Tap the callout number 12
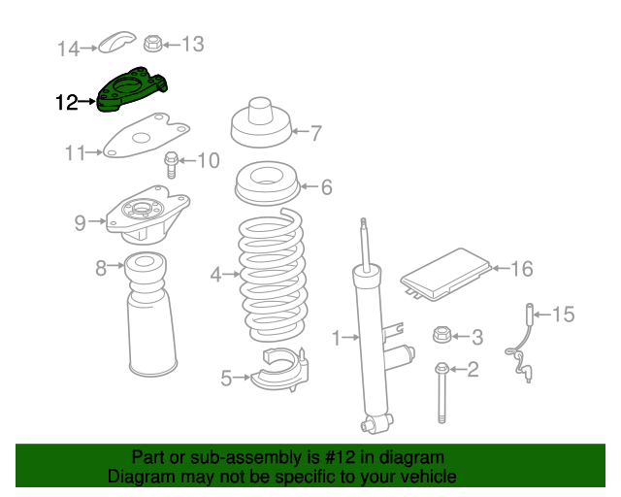(x=67, y=101)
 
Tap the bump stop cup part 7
(x=261, y=125)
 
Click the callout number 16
(x=522, y=268)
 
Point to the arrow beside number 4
(x=232, y=275)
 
